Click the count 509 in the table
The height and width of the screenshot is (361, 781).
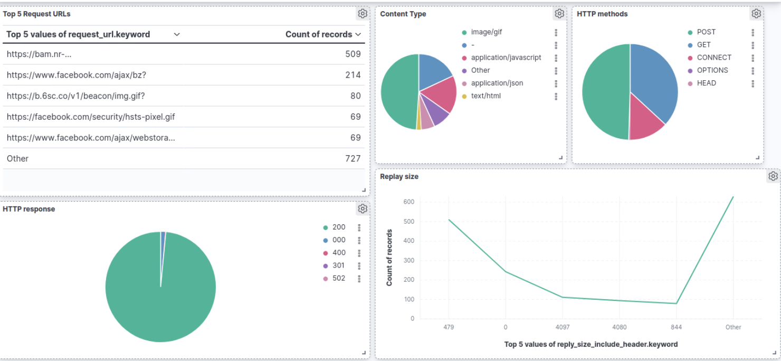[353, 54]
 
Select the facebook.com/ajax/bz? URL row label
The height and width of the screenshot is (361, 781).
[77, 75]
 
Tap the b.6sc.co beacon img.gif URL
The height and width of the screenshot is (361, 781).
[75, 96]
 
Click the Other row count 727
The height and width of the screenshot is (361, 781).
[353, 158]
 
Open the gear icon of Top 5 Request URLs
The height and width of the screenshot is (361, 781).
[363, 14]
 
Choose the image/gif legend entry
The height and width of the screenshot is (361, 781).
[486, 32]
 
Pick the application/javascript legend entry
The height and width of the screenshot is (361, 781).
[506, 58]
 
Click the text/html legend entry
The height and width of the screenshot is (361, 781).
[485, 96]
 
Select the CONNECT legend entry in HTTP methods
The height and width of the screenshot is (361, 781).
[713, 58]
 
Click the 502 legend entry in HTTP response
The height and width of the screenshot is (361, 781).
[338, 278]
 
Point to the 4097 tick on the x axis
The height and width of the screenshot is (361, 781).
[562, 327]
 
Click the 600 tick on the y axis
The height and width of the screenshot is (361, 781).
[409, 202]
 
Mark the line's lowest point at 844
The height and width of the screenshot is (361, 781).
[676, 303]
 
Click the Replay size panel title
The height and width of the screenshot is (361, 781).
[399, 176]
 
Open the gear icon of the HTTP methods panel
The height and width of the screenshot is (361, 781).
[756, 14]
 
